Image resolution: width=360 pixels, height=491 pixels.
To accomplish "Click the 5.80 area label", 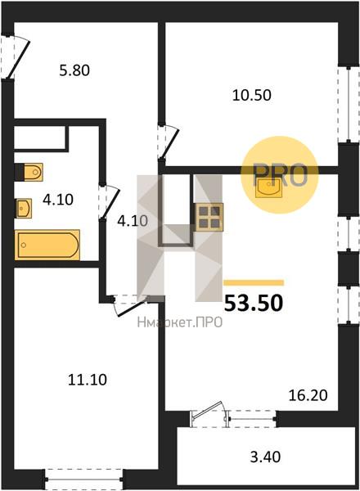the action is tap(74, 70).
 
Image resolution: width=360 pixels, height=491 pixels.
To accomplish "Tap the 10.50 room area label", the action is tap(252, 95).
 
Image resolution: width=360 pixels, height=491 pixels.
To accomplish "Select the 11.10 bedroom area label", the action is tap(88, 380).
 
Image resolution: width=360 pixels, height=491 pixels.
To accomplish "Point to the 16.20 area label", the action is tap(308, 395).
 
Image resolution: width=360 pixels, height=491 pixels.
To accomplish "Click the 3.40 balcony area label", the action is tap(265, 457).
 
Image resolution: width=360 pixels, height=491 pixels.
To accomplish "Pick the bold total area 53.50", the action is tap(254, 304).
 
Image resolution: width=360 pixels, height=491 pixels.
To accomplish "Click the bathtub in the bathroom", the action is tap(47, 245).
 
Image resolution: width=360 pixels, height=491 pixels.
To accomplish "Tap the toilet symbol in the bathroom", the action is tap(29, 172).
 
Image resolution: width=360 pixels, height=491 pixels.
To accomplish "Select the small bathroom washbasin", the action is tap(24, 208).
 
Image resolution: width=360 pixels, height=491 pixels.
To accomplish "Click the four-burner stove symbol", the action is tap(209, 217).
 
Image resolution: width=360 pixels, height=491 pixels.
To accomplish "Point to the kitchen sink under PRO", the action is tap(268, 187).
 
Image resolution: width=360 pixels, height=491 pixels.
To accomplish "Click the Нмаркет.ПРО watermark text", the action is tap(180, 322).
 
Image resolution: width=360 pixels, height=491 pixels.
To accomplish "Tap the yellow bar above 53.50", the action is tap(254, 283).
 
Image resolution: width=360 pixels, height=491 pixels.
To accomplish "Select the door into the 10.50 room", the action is tap(169, 142).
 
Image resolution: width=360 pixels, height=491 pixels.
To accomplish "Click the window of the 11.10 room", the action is tap(84, 479).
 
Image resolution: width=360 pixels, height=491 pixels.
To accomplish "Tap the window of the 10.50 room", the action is tap(348, 104).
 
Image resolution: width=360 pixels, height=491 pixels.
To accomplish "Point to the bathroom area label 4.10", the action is tap(58, 200).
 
